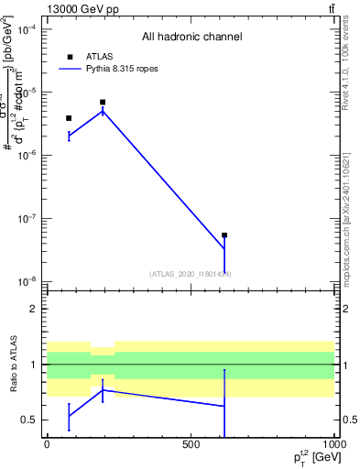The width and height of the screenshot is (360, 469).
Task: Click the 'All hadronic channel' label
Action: (x=191, y=38)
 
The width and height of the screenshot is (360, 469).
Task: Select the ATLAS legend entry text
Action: (x=99, y=56)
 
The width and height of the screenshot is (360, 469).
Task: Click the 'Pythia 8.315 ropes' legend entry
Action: (x=124, y=68)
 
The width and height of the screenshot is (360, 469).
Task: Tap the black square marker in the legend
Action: (x=69, y=56)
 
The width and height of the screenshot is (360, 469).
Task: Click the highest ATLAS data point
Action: (x=103, y=102)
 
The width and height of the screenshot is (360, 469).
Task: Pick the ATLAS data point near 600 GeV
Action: (x=224, y=235)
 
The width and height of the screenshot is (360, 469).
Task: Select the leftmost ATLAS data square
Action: (x=69, y=118)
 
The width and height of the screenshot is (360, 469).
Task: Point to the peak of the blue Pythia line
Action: (x=103, y=111)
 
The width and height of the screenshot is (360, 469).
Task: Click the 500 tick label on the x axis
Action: (x=191, y=444)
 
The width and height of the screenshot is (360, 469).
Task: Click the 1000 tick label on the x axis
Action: (x=333, y=444)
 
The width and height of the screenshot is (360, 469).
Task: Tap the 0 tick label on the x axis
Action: (x=47, y=444)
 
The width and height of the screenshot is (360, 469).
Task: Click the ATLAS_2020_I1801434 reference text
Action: (x=191, y=274)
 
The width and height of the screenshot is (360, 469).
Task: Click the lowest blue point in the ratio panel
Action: (x=69, y=416)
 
